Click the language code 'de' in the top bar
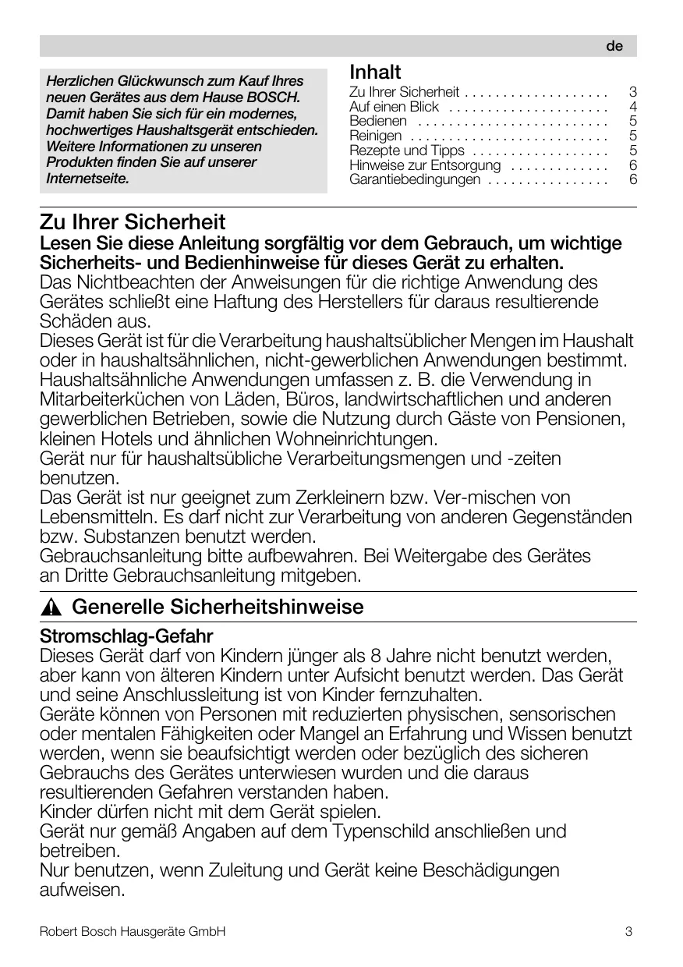[x=614, y=46]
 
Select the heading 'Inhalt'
[x=375, y=72]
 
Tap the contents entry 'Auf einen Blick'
[x=394, y=106]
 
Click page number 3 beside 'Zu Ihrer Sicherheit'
[x=633, y=92]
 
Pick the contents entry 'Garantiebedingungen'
[x=415, y=180]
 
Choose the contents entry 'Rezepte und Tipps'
[x=406, y=151]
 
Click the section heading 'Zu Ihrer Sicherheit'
[x=133, y=222]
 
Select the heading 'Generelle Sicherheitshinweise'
[x=218, y=607]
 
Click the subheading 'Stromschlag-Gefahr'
[x=126, y=636]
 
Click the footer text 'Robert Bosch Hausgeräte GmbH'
[x=133, y=931]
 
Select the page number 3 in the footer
[x=628, y=931]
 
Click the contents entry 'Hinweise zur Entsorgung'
[x=425, y=165]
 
